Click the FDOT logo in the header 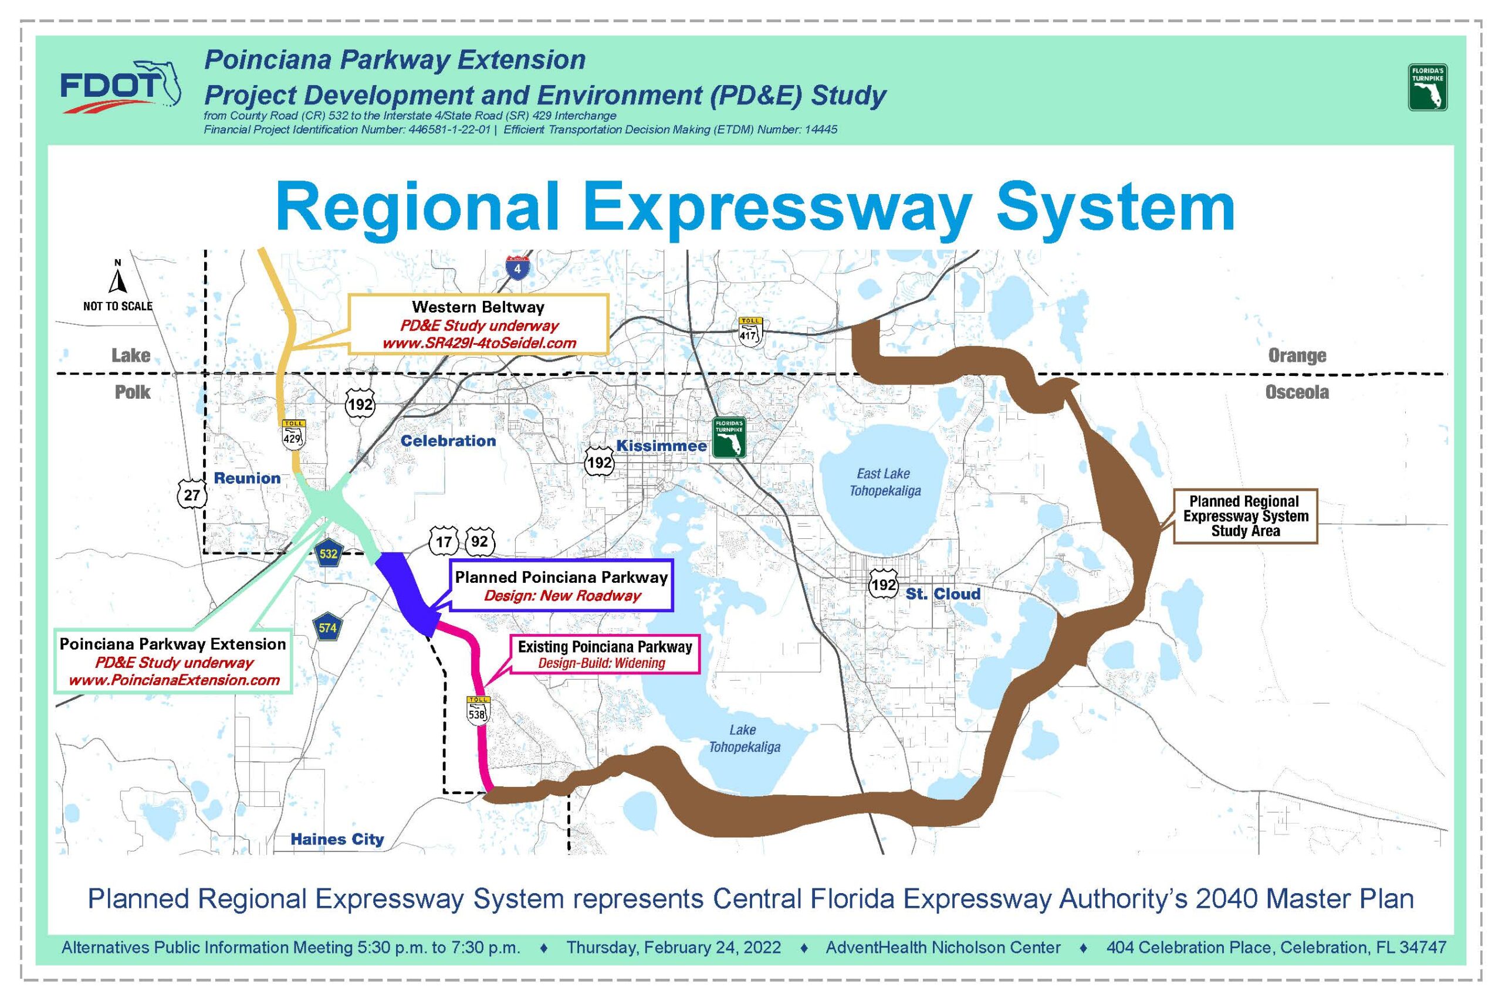click(x=120, y=86)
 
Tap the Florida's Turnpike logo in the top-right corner click(x=1427, y=87)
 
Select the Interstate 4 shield click(x=517, y=267)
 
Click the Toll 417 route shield click(x=750, y=331)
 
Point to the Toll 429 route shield click(x=293, y=435)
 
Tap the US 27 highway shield click(x=192, y=494)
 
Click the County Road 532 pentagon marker click(x=328, y=553)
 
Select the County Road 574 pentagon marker click(x=327, y=627)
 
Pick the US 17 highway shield click(x=444, y=542)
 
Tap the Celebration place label click(x=448, y=440)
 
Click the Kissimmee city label click(x=662, y=446)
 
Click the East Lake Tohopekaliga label click(x=884, y=482)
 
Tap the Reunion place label click(x=247, y=478)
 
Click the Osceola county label click(x=1297, y=392)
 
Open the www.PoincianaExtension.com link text click(x=174, y=680)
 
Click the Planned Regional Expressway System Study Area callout click(x=1245, y=516)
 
